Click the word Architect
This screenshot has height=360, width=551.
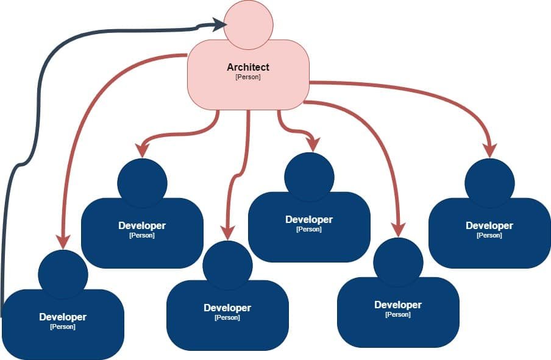point(248,67)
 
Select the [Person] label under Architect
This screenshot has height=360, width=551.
point(248,77)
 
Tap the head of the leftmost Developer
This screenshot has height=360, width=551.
point(63,274)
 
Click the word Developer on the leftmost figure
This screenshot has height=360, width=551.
point(63,317)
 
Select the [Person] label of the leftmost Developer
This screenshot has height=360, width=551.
point(63,326)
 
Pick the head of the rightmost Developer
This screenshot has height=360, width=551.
point(489,183)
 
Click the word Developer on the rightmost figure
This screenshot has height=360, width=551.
point(489,225)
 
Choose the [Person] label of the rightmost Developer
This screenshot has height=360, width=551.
point(489,235)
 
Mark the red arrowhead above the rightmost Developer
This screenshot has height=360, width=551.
point(489,150)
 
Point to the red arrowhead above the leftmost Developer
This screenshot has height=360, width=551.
point(62,241)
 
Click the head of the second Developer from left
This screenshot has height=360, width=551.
point(142,183)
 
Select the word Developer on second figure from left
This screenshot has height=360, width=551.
point(142,225)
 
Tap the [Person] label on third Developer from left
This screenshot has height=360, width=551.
point(227,317)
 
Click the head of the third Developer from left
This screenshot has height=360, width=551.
point(227,265)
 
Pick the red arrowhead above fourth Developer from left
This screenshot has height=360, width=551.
point(312,145)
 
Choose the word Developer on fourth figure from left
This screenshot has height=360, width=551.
point(309,219)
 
